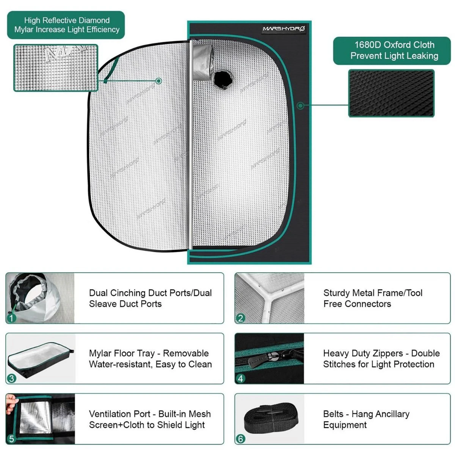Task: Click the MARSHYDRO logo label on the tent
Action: coord(284,28)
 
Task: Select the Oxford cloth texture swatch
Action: coord(391,93)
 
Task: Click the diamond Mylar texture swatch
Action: coord(56,67)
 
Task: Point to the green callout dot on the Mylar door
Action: coord(159,81)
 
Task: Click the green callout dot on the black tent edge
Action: coord(300,105)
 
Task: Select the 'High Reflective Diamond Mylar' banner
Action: coord(66,25)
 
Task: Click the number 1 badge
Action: coord(11,318)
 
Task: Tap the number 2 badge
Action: coord(240,318)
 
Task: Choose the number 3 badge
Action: coord(11,378)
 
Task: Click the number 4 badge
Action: coord(240,378)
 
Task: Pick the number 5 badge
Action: coord(11,439)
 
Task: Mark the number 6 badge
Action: coord(240,439)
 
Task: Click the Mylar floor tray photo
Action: coord(40,358)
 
